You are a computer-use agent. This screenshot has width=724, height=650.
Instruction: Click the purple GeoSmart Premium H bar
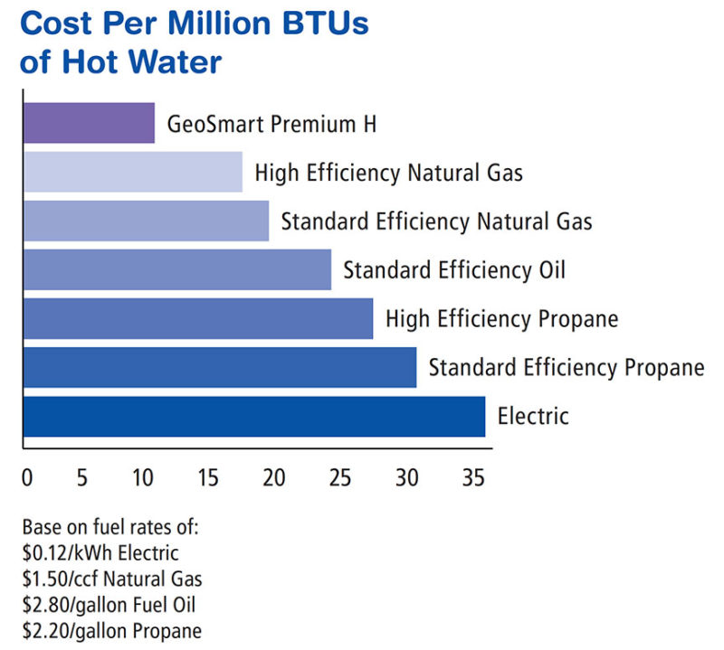point(89,123)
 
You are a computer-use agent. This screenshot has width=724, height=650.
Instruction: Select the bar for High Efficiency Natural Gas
point(133,172)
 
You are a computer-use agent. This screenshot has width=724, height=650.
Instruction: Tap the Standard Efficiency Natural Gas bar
point(146,221)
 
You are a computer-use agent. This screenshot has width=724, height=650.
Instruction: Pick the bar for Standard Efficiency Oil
point(177,269)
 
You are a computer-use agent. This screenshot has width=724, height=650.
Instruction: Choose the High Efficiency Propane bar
point(198,318)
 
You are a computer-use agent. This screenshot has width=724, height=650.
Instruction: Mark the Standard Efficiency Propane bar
point(220,367)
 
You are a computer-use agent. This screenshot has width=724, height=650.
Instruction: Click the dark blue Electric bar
point(254,416)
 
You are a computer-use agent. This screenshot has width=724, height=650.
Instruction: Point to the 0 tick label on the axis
point(26,476)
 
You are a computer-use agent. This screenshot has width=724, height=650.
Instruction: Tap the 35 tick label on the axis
point(472,476)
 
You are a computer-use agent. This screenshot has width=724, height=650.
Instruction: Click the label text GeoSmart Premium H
point(271,124)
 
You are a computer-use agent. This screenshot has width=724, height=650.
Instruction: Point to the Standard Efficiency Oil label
point(454,269)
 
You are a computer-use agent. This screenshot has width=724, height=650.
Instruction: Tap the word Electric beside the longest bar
point(533,416)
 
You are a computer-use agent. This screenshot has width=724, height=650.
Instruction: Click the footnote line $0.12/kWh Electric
point(100,552)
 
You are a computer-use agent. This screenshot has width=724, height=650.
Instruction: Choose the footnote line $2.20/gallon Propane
point(112,630)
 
